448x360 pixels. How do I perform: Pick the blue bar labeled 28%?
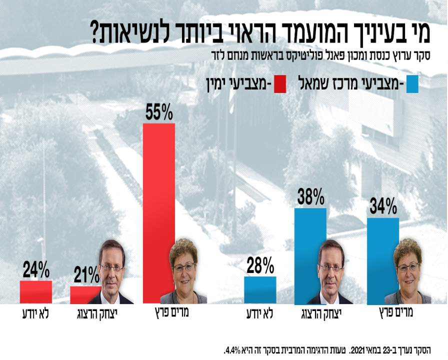(260, 290)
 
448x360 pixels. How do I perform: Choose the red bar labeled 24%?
(36, 292)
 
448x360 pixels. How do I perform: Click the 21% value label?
(86, 275)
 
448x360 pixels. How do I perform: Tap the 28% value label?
(260, 265)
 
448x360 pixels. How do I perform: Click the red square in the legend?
(278, 84)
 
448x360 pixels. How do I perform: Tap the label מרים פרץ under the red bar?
(172, 314)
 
